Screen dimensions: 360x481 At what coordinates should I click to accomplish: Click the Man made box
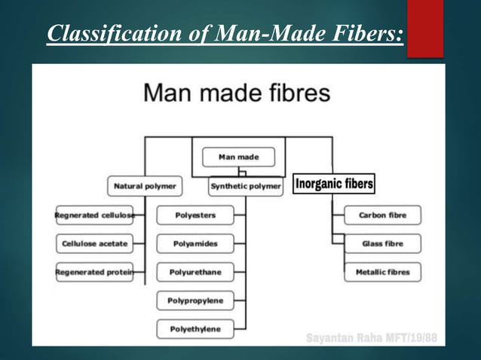238,157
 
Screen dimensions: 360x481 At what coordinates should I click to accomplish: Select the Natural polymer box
146,185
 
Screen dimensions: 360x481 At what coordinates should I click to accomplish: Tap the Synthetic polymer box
246,185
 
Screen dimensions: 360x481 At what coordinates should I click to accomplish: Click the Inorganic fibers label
334,184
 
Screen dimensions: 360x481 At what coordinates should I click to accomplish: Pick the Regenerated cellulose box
94,215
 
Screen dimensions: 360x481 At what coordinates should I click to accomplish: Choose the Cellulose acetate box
94,244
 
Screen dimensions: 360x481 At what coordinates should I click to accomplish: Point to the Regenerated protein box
94,272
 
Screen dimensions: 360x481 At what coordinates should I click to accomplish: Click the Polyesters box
195,215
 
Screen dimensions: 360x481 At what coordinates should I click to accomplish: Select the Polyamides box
195,244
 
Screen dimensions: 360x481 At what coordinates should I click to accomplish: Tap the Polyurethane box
195,272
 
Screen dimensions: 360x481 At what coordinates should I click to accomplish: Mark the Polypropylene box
195,301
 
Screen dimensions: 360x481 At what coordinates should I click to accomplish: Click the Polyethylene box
195,329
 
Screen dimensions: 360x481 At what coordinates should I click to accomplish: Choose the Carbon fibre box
382,215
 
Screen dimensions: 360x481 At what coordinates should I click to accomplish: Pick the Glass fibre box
382,244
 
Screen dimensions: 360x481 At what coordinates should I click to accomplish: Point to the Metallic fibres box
382,272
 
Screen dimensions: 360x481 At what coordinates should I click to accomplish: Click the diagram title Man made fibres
237,94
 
